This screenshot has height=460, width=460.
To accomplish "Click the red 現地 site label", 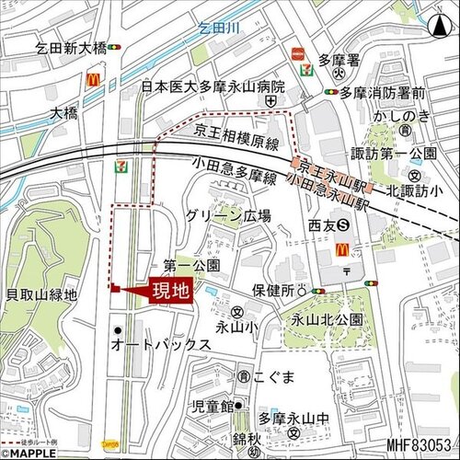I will click(x=171, y=293).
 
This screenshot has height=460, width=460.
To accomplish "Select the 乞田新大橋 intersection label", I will click(x=72, y=48).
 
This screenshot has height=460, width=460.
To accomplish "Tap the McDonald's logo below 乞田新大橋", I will click(x=93, y=79).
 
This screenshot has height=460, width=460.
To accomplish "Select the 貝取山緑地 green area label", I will click(x=41, y=294).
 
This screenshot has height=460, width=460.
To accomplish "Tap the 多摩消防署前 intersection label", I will click(x=381, y=93).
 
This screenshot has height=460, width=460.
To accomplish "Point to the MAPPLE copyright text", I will click(x=33, y=452).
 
